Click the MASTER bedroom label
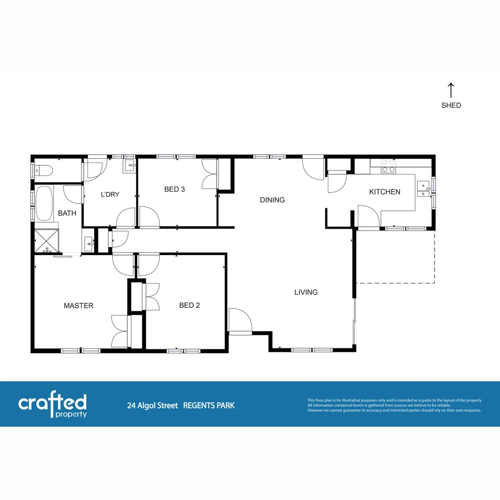pyautogui.click(x=78, y=306)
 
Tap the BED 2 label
pyautogui.click(x=189, y=305)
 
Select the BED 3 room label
pyautogui.click(x=175, y=189)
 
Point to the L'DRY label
pyautogui.click(x=110, y=194)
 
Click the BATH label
pyautogui.click(x=67, y=213)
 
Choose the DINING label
pyautogui.click(x=272, y=200)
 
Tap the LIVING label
pyautogui.click(x=306, y=292)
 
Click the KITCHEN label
pyautogui.click(x=384, y=192)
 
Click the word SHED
pyautogui.click(x=451, y=106)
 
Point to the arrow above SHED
pyautogui.click(x=451, y=90)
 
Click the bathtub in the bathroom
pyautogui.click(x=44, y=204)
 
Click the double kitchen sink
pyautogui.click(x=423, y=190)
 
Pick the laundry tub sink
pyautogui.click(x=129, y=165)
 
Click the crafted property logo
pyautogui.click(x=52, y=406)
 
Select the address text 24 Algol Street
pyautogui.click(x=152, y=406)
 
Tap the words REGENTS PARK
pyautogui.click(x=209, y=406)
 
